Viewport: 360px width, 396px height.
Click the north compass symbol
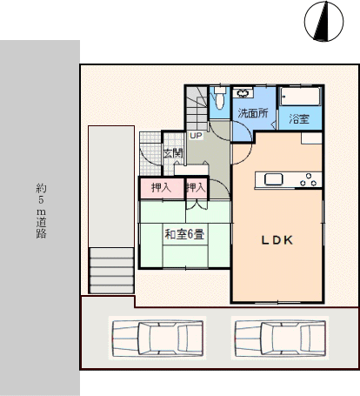pos(323,21)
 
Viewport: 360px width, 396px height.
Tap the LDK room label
pos(277,240)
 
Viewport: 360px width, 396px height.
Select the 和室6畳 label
pos(184,234)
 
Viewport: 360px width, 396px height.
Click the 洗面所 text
pos(253,113)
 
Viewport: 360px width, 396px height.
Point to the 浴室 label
pos(299,118)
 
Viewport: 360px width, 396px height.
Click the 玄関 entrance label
pos(173,153)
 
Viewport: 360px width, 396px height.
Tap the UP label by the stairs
pos(196,136)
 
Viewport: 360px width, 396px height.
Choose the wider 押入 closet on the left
pos(161,188)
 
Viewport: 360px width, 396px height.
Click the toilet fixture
pos(220,97)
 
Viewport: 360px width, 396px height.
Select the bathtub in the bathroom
pos(300,96)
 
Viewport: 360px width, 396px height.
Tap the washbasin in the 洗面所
pos(243,93)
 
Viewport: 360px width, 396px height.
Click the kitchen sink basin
pos(273,179)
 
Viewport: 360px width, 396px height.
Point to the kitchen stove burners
pos(309,180)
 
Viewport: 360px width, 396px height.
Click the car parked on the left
pos(157,338)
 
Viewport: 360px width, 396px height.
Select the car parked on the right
pos(280,338)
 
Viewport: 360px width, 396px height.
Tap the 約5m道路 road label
pos(41,211)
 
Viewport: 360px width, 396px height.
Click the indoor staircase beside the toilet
pos(197,108)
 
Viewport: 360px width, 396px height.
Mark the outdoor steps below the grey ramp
pos(111,271)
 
